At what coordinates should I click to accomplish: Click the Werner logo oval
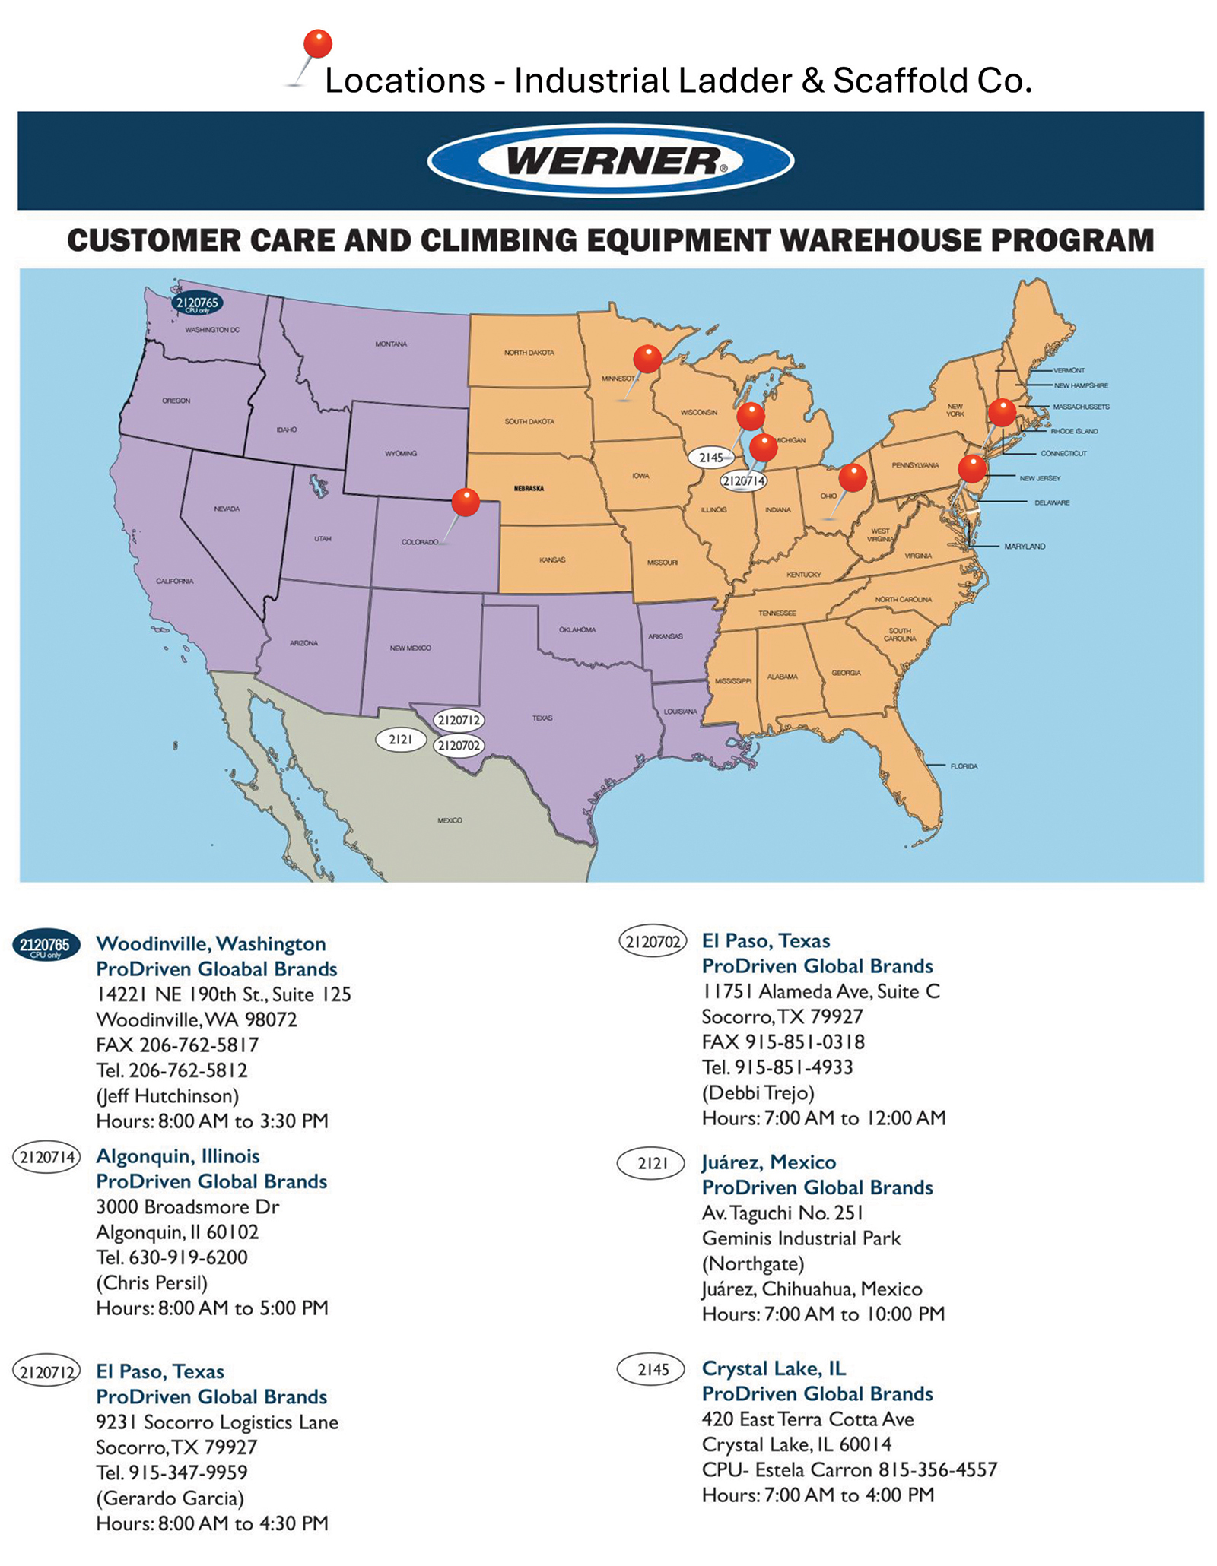610,160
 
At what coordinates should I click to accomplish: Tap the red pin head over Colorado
466,502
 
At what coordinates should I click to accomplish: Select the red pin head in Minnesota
647,357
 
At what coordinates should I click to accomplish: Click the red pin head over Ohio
853,477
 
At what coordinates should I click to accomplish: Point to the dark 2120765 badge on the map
197,304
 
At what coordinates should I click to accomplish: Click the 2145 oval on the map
710,458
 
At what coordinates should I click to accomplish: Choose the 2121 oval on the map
401,739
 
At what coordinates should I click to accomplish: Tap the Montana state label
391,344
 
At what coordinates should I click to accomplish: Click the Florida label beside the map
964,766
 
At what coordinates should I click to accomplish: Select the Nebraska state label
529,488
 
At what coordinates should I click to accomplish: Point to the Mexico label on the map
450,820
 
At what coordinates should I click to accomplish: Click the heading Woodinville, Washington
211,943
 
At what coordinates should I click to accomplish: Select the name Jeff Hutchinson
167,1095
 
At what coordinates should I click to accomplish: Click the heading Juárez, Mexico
768,1162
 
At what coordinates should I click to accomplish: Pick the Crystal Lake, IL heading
774,1368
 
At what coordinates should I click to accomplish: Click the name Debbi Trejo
758,1092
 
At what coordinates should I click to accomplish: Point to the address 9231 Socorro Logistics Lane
217,1422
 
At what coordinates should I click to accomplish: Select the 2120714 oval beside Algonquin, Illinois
46,1158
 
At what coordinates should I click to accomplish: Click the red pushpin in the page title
317,44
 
